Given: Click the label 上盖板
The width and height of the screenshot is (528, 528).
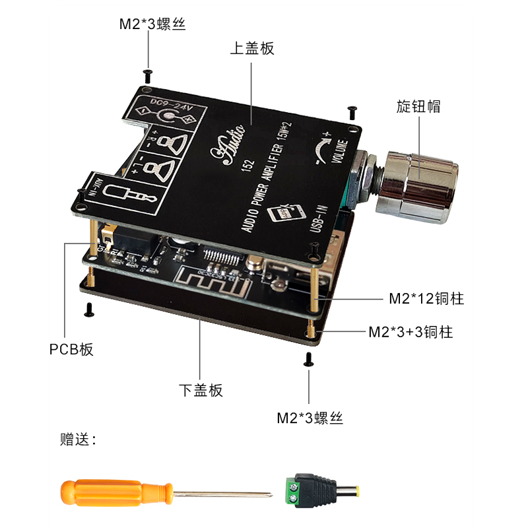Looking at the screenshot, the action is coord(251,48).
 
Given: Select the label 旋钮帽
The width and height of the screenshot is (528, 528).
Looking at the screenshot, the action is coord(418,106).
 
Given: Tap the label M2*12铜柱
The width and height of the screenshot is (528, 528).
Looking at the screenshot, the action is coord(426,299).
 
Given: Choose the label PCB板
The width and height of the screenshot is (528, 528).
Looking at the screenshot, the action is coord(72,349).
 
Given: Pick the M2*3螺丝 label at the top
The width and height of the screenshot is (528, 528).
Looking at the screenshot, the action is coord(152,25).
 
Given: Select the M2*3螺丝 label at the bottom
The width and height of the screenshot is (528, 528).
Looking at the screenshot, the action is coord(310,418).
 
